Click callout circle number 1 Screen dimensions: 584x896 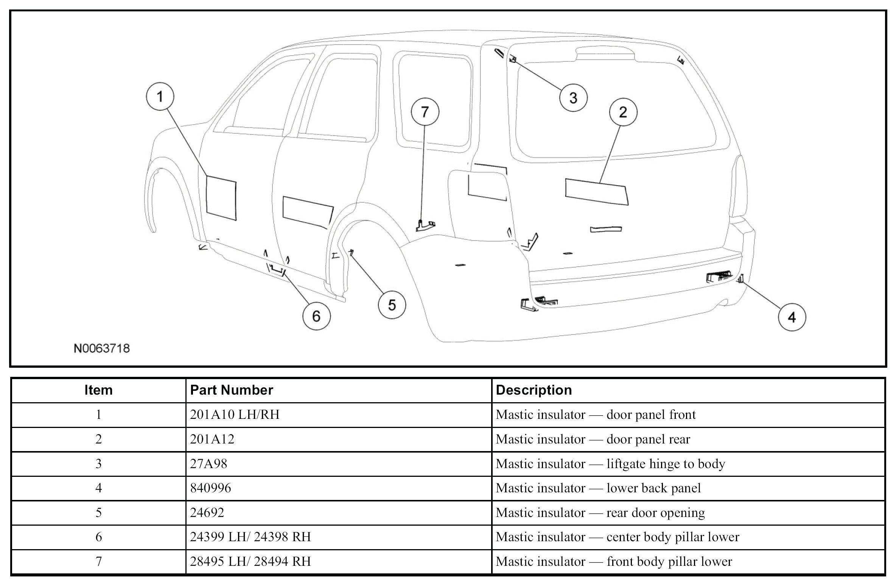click(160, 97)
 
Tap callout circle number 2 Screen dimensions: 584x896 click(623, 112)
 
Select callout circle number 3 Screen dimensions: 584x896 click(573, 98)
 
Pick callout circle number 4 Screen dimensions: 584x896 click(792, 317)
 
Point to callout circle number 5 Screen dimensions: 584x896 click(392, 305)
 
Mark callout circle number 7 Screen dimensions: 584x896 click(425, 112)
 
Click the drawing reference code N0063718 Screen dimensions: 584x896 click(102, 348)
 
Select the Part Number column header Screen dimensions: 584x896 click(232, 390)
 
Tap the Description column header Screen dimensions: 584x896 click(534, 390)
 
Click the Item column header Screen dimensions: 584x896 click(98, 390)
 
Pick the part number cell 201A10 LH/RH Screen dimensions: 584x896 click(235, 415)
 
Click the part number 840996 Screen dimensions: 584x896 click(210, 488)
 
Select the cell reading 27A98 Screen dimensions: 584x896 click(208, 464)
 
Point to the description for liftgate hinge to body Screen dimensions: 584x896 click(610, 464)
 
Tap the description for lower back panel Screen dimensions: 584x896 click(598, 488)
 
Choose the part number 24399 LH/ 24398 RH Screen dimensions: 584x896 click(250, 537)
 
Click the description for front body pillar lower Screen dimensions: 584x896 click(614, 561)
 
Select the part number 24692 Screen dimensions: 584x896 click(207, 512)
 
